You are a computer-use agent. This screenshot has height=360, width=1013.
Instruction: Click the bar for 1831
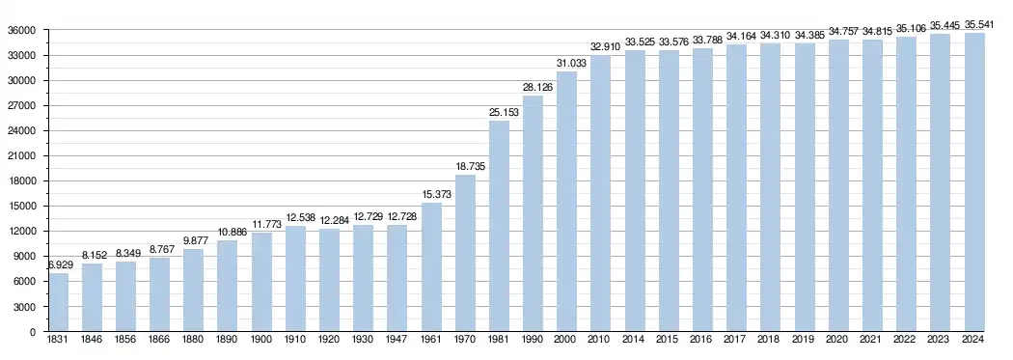(58, 302)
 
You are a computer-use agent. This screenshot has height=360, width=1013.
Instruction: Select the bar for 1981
(500, 226)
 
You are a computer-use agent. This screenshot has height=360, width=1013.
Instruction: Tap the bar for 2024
(974, 182)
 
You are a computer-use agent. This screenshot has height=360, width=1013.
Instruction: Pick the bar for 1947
(397, 279)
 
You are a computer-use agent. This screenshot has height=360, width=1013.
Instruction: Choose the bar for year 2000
(567, 202)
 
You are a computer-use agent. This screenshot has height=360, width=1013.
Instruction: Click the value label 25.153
(504, 112)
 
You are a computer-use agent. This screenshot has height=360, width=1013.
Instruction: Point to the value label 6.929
(62, 265)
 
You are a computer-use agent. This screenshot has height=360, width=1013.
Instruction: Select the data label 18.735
(471, 166)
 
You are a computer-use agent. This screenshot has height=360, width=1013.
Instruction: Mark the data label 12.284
(334, 220)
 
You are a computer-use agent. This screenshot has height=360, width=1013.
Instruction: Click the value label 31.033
(572, 63)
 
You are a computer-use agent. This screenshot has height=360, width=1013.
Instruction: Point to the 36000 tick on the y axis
(21, 30)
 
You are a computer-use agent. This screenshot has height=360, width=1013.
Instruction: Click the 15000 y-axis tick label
(21, 207)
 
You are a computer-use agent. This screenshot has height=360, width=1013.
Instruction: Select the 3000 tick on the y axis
(24, 307)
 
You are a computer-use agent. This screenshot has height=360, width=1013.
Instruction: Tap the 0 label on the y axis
(33, 332)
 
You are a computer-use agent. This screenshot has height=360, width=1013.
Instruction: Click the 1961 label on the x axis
(431, 340)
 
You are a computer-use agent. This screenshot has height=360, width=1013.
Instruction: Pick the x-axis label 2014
(635, 340)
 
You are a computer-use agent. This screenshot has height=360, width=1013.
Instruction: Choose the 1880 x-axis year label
(193, 340)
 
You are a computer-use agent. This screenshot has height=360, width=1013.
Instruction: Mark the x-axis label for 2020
(839, 340)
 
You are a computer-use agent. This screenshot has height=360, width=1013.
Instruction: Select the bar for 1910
(296, 279)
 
